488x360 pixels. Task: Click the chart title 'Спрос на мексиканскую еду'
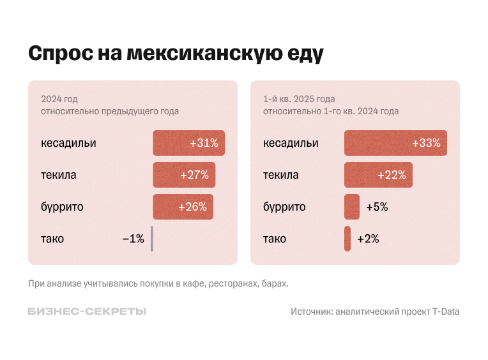pyautogui.click(x=176, y=53)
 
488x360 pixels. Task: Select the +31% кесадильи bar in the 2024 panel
pyautogui.click(x=188, y=143)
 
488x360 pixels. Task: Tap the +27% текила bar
pyautogui.click(x=184, y=175)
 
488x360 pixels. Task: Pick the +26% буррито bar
pyautogui.click(x=183, y=207)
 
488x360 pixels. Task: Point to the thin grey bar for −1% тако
pyautogui.click(x=152, y=239)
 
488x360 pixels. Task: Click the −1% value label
pyautogui.click(x=133, y=239)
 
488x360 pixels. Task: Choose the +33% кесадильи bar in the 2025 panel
pyautogui.click(x=395, y=143)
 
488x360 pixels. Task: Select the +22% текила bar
pyautogui.click(x=378, y=175)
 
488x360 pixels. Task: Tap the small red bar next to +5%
pyautogui.click(x=352, y=207)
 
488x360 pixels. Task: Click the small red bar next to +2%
pyautogui.click(x=347, y=239)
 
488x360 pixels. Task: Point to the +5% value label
pyautogui.click(x=377, y=207)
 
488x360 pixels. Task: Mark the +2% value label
pyautogui.click(x=368, y=239)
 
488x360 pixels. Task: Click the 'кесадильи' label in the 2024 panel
pyautogui.click(x=68, y=143)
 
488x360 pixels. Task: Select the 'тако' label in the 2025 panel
pyautogui.click(x=275, y=239)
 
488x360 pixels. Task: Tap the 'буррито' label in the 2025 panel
pyautogui.click(x=284, y=207)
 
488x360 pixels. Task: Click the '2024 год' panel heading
pyautogui.click(x=59, y=99)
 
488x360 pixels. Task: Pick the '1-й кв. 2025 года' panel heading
pyautogui.click(x=299, y=99)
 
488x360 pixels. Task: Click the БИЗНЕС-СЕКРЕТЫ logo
pyautogui.click(x=87, y=311)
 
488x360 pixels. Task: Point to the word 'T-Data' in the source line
pyautogui.click(x=445, y=311)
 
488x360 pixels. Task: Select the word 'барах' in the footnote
pyautogui.click(x=274, y=283)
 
